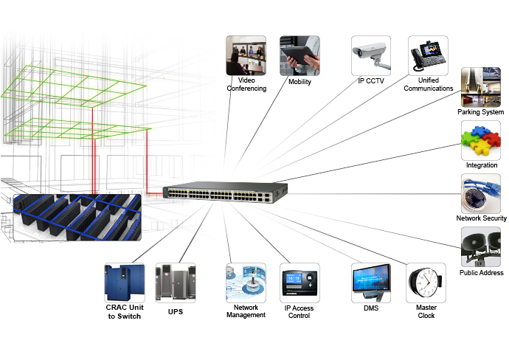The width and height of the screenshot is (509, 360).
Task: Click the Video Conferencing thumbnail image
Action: point(246,55)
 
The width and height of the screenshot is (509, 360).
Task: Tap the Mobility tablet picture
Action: point(299,55)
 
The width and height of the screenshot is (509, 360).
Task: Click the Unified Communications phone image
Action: point(428,55)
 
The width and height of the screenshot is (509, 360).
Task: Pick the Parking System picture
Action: point(481,86)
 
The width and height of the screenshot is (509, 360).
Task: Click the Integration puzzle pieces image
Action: point(481,140)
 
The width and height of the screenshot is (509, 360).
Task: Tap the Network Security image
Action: point(481,193)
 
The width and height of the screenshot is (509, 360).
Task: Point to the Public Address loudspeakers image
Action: point(481,246)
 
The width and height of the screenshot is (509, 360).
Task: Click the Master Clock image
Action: point(426,282)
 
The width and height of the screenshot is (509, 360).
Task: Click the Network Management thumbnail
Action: point(245,282)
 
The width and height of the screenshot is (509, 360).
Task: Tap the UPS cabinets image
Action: point(175,282)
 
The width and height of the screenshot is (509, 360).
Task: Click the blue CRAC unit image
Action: point(122,282)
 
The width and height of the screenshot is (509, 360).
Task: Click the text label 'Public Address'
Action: point(481,272)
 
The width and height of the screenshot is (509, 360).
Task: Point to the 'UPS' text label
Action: point(175,312)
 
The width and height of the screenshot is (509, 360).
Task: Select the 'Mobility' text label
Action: point(299,81)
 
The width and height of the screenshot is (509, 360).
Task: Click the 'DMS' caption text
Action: point(370,308)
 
